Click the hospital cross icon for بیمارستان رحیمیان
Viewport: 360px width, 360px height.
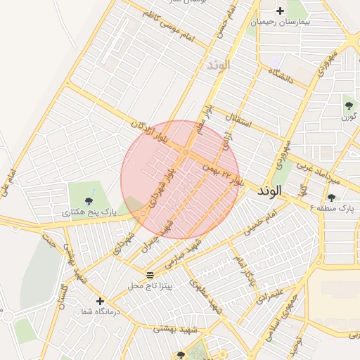tap(281, 11)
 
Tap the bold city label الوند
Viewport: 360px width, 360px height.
tap(269, 191)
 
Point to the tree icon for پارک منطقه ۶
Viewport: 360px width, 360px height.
tap(331, 198)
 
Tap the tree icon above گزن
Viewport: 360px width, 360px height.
tap(349, 105)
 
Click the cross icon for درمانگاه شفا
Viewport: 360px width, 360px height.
tap(101, 300)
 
